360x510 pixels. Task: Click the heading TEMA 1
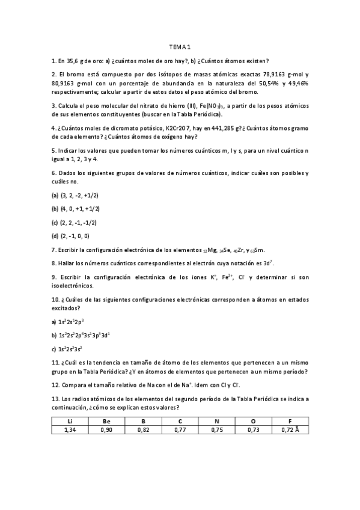click(x=179, y=48)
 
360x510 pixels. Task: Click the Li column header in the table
click(x=70, y=420)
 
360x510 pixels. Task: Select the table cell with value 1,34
click(x=70, y=429)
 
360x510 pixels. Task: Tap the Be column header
click(x=107, y=420)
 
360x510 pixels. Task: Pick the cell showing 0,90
click(x=107, y=429)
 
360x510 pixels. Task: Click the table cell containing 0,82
click(x=144, y=429)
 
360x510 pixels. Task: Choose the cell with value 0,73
click(x=253, y=429)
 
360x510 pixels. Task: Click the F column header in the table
click(x=290, y=420)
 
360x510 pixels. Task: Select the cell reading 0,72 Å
click(x=290, y=429)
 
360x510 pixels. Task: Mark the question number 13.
click(x=56, y=398)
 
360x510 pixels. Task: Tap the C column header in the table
click(x=180, y=420)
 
